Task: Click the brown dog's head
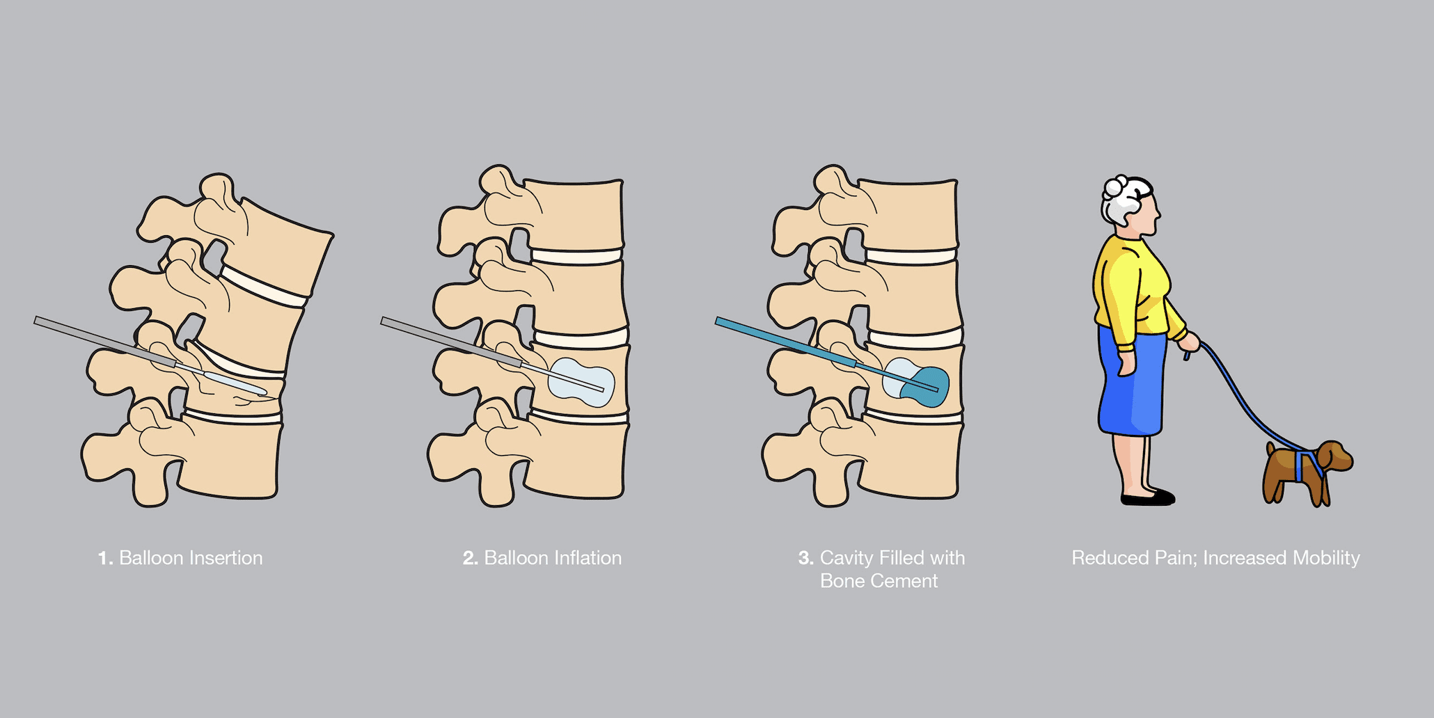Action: coord(1334,456)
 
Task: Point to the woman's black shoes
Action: coord(1148,497)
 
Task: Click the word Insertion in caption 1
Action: coord(226,558)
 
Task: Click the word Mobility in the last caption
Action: coord(1325,559)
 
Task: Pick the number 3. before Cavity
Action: coord(805,558)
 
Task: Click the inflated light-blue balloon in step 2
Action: coord(581,382)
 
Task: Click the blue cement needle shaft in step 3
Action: coord(787,343)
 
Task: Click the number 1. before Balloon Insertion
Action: coord(105,558)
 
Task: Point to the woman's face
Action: coord(1149,213)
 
